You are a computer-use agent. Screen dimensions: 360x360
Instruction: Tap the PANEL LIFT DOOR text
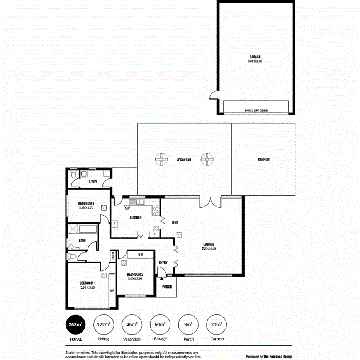pos(256,110)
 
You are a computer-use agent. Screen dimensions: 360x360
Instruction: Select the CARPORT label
pos(264,159)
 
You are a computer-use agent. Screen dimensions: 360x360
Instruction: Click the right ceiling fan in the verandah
pos(207,159)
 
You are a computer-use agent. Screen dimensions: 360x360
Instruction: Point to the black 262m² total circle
pos(75,325)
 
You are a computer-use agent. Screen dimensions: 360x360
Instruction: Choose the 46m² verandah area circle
pos(132,325)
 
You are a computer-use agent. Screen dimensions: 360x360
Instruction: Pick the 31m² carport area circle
pos(216,325)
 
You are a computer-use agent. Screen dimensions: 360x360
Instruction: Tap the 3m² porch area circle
pos(188,325)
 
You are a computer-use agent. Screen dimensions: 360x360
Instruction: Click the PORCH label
pos(167,287)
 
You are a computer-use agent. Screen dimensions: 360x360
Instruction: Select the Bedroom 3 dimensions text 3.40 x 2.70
pos(86,208)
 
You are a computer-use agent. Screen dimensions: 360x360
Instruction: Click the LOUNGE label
pos(209,244)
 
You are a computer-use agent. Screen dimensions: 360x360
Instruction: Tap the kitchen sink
pos(136,201)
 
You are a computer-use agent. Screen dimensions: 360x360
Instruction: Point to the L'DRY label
pos(93,182)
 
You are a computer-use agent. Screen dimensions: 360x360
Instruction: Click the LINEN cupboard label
pos(113,256)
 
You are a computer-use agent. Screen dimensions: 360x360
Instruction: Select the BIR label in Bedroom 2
pos(141,255)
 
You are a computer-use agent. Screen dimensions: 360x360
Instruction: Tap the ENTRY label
pos(163,263)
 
